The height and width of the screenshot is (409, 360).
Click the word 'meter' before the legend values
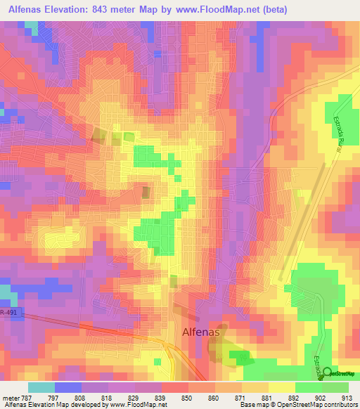pyautogui.click(x=11, y=398)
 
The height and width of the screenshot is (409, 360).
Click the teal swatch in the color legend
pyautogui.click(x=41, y=387)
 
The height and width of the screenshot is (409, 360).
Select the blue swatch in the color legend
pyautogui.click(x=67, y=387)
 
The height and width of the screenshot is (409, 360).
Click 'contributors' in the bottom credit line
pyautogui.click(x=340, y=405)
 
